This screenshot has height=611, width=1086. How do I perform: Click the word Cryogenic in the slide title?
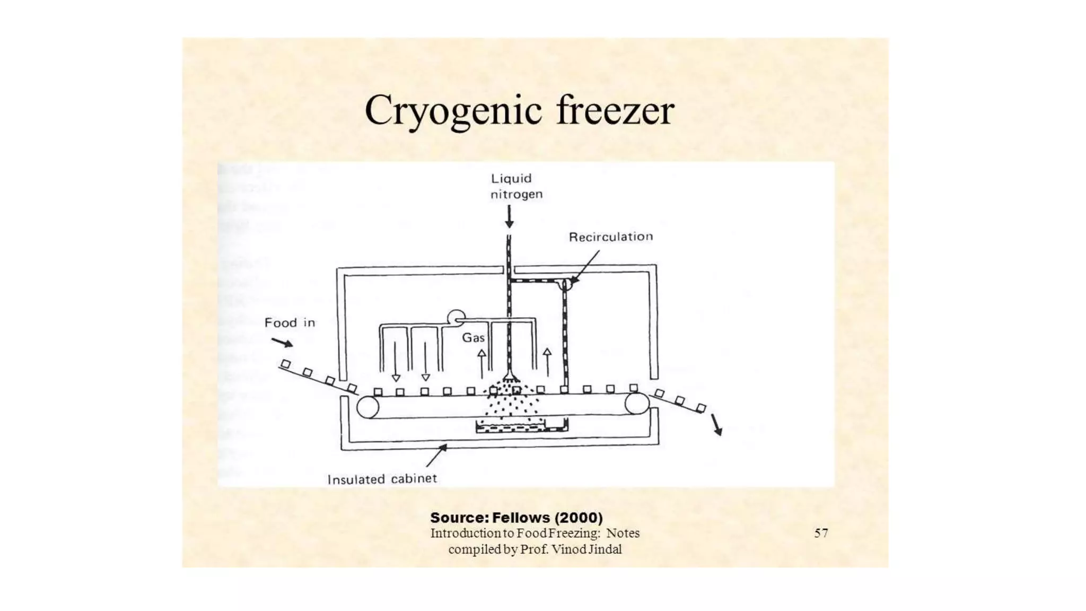point(453,110)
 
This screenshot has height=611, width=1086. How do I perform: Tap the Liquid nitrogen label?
point(516,186)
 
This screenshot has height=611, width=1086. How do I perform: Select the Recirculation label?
point(610,237)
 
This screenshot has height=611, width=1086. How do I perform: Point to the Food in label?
point(290,322)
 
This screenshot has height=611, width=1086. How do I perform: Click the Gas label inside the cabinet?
point(473,338)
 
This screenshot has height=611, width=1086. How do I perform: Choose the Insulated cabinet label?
point(382,479)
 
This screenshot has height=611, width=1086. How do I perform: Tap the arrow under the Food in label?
point(282,342)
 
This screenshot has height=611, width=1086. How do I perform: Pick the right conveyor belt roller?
point(637,404)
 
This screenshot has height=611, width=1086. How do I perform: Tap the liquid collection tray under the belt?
point(521,426)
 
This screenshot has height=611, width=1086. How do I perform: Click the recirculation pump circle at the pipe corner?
point(566,284)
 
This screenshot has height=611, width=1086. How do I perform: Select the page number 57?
point(821,533)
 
